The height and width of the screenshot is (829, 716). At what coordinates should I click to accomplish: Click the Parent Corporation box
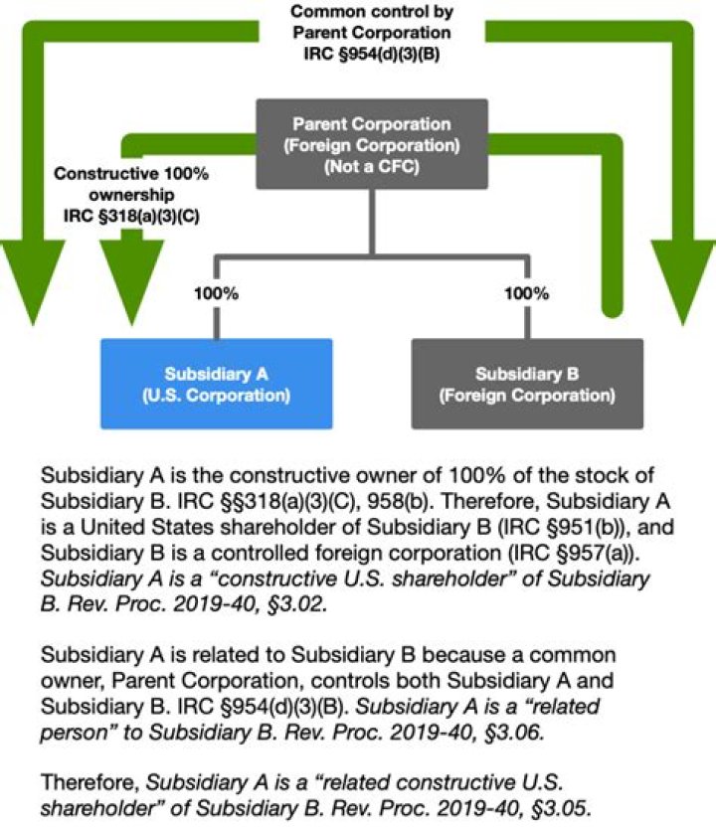click(371, 145)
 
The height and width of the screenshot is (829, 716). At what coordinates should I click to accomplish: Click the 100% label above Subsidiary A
click(217, 294)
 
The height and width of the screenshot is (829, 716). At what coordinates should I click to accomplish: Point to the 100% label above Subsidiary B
click(526, 294)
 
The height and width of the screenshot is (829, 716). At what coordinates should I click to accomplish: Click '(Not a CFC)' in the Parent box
click(371, 165)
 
